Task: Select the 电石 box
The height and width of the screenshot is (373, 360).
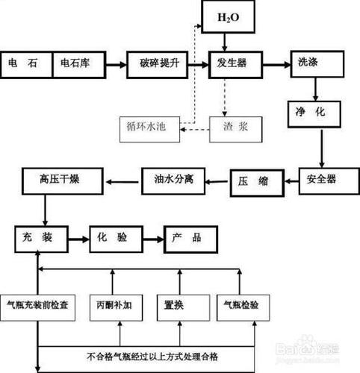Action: [26, 64]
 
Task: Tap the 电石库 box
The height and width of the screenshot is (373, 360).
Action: [78, 64]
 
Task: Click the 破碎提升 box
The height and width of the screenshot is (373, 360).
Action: [155, 64]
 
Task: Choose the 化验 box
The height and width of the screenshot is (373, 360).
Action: [116, 238]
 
